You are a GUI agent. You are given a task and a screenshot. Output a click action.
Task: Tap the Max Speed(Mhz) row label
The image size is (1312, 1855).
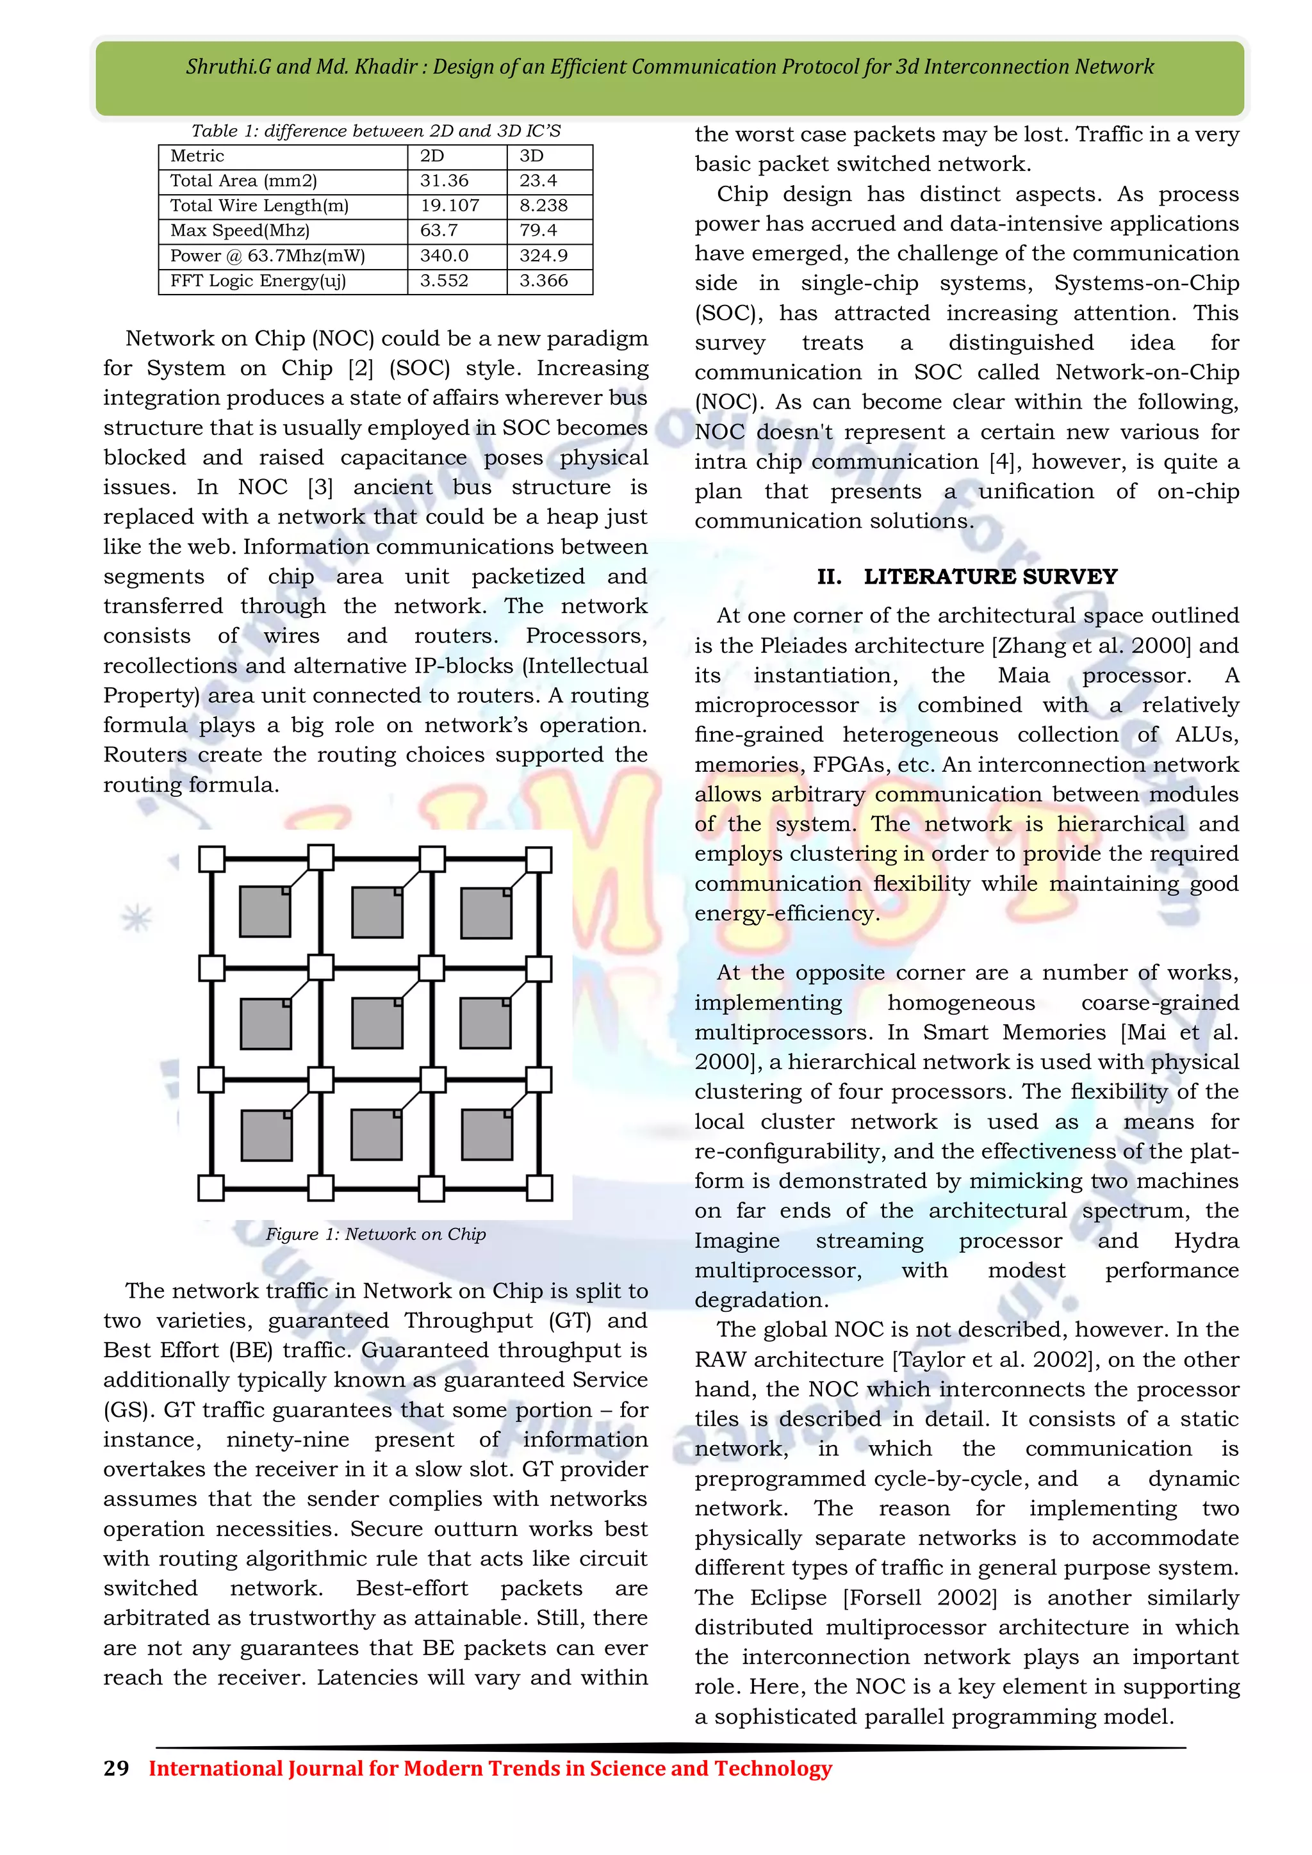[x=240, y=231]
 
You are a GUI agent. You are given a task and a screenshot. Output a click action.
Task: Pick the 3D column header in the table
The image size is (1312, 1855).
[x=532, y=156]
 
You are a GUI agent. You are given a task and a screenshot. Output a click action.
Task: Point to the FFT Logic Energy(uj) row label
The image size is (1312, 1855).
[x=258, y=281]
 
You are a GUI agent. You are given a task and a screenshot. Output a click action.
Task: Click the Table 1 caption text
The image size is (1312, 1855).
[x=375, y=131]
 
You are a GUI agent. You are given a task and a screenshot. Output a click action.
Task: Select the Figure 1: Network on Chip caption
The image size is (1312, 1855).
[x=375, y=1234]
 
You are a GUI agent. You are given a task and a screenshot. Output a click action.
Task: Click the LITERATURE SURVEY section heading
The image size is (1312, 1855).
[x=990, y=577]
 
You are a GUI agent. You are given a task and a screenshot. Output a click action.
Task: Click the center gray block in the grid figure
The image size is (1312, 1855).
[x=377, y=1022]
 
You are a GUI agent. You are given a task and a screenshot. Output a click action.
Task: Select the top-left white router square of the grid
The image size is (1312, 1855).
[x=211, y=859]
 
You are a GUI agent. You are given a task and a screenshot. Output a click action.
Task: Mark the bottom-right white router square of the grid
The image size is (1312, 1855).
[x=539, y=1188]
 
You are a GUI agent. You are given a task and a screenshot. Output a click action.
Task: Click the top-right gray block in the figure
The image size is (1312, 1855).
[x=486, y=913]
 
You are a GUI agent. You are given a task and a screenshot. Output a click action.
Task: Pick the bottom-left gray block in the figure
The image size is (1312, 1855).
[x=266, y=1134]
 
